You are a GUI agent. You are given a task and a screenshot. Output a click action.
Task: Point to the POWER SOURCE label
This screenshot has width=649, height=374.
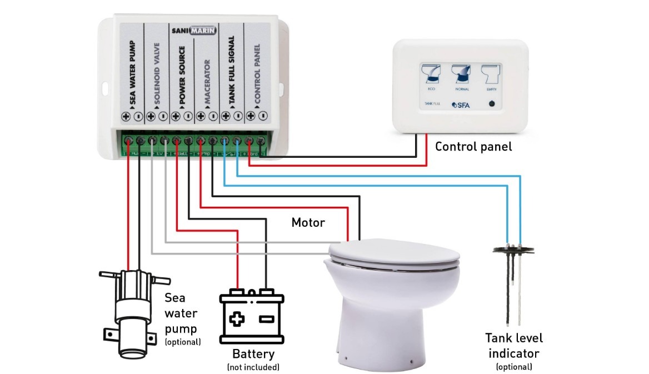[182, 73]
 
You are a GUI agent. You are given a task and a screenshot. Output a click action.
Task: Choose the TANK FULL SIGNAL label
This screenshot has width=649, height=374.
[232, 72]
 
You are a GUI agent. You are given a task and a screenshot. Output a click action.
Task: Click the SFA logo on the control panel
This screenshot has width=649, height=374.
[462, 103]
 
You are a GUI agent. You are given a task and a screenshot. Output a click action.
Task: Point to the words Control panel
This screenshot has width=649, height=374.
[473, 147]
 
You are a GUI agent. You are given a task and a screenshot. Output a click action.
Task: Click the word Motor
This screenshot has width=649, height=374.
[308, 223]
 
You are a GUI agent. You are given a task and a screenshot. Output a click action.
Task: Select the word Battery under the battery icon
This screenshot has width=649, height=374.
[253, 354]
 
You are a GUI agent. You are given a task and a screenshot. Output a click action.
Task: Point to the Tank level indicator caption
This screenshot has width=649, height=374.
[514, 346]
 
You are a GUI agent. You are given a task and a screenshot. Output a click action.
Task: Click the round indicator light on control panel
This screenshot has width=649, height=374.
[491, 103]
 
